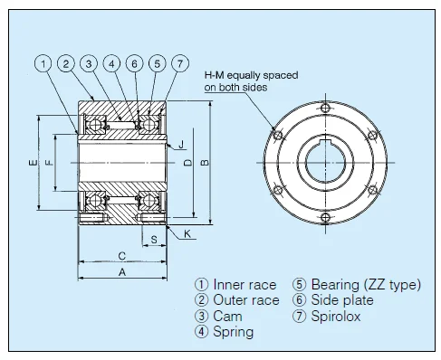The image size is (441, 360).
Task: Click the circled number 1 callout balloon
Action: click(x=43, y=63)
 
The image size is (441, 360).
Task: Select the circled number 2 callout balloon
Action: click(x=66, y=63)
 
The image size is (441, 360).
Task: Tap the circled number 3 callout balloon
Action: click(x=89, y=63)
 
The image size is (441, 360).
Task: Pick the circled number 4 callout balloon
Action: click(x=111, y=63)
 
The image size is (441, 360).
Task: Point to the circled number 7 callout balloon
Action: click(x=180, y=63)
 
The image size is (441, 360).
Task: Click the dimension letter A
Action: click(x=122, y=271)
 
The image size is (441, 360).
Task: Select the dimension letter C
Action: click(x=120, y=254)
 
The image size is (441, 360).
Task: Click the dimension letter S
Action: click(x=155, y=240)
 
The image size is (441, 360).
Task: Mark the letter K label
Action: click(x=187, y=233)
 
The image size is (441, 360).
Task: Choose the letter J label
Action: click(x=181, y=145)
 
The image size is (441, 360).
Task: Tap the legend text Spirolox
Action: click(x=337, y=316)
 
